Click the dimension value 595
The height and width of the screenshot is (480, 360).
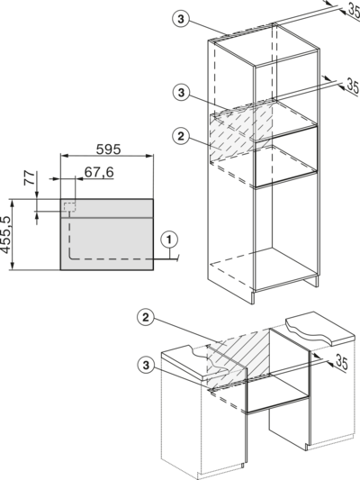tap(109, 149)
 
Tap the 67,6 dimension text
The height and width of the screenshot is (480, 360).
tap(99, 172)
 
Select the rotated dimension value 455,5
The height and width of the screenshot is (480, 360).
tap(5, 234)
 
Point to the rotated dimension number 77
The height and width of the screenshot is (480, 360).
tap(29, 178)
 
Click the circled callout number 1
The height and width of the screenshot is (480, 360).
tap(169, 240)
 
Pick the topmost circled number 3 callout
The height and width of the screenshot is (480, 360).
tap(181, 19)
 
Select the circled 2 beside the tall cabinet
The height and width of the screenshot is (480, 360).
tap(181, 136)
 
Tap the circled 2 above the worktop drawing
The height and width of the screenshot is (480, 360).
tap(146, 318)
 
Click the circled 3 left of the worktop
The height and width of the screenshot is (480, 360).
tap(146, 365)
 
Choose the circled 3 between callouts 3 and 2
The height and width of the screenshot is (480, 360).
tap(181, 92)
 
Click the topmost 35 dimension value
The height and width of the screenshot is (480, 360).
tap(354, 12)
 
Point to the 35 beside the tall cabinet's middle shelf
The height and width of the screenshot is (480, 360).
tap(353, 86)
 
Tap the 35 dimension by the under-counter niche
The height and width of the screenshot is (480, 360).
tap(342, 362)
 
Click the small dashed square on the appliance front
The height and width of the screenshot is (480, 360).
tap(69, 206)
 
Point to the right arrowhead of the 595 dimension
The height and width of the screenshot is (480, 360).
tap(149, 156)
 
